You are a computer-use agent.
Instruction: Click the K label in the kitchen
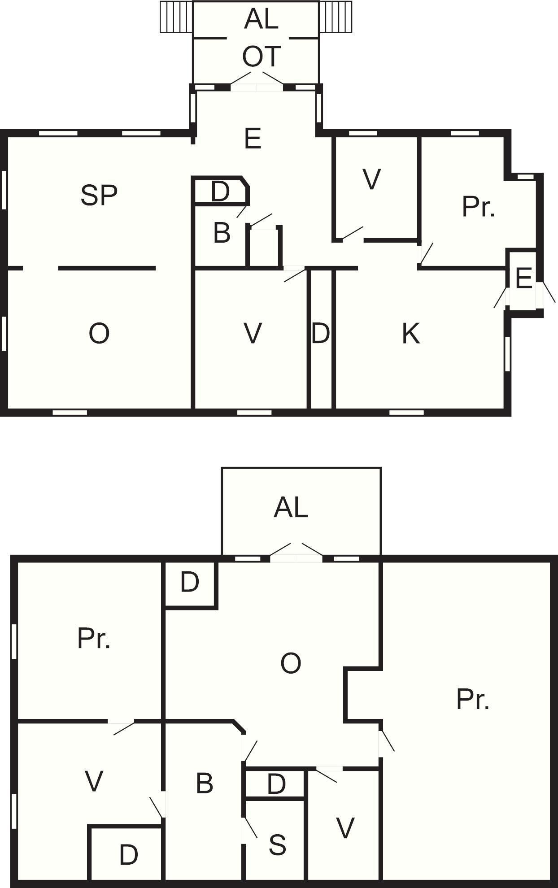tap(411, 334)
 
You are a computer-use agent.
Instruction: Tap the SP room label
tap(99, 195)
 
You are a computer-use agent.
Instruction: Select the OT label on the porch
tap(262, 57)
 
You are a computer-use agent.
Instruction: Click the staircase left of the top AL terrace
tap(176, 17)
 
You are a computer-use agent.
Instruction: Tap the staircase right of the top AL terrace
tap(335, 17)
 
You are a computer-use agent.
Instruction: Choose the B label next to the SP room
tap(222, 233)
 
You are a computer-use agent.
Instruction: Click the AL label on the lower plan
tap(291, 508)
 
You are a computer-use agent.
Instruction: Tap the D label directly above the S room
tap(276, 784)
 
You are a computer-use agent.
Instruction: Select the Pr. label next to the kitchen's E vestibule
tap(478, 207)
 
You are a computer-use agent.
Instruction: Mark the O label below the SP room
tap(99, 334)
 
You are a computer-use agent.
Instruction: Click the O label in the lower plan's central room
tap(291, 663)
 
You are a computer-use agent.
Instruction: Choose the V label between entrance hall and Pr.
tap(372, 179)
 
